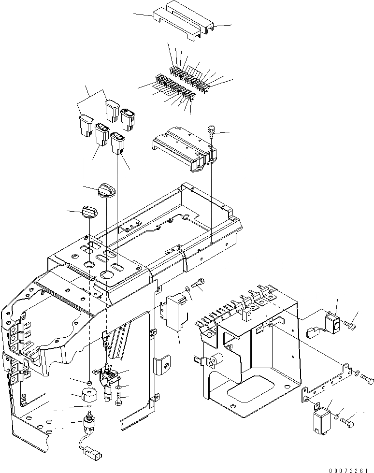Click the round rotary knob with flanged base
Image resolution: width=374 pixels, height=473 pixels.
105,189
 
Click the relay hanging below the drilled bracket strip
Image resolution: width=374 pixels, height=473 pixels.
319,416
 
